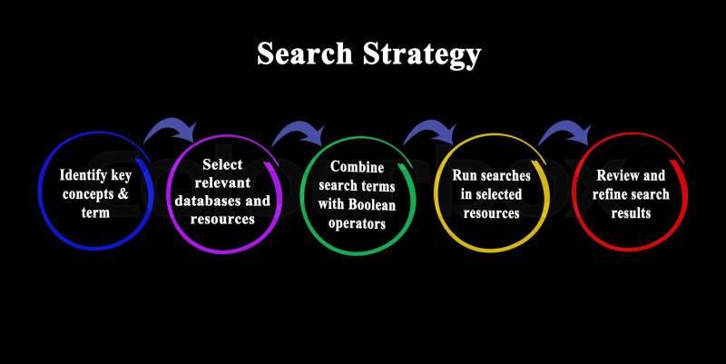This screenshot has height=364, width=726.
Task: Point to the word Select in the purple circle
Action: [x=222, y=164]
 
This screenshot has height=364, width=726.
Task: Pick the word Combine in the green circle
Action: [x=358, y=167]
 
